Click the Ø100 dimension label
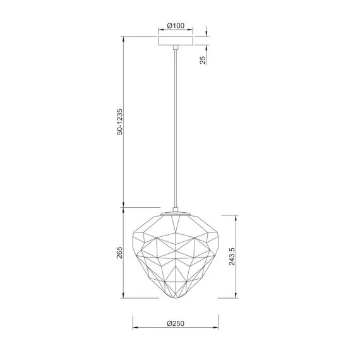[x=176, y=26]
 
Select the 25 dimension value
[x=203, y=60]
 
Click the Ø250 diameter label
[x=176, y=323]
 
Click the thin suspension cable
[x=176, y=126]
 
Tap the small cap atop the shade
[x=176, y=212]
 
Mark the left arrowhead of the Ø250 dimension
[x=135, y=328]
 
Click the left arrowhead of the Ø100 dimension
[x=159, y=31]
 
